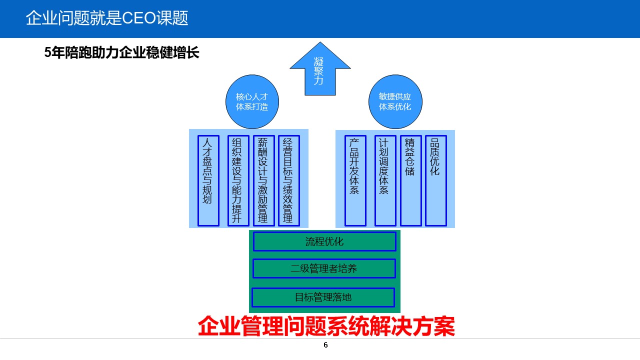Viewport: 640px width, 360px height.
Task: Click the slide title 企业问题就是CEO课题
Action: [106, 18]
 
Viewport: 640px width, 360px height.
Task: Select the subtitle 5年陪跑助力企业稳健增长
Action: [122, 53]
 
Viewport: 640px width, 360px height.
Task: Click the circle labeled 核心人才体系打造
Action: [252, 102]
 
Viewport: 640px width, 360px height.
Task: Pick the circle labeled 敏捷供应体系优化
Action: [395, 102]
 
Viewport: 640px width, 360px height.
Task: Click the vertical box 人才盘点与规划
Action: [208, 180]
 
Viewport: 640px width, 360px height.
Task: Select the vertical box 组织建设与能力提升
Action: [238, 180]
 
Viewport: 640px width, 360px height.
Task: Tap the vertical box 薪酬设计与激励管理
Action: [263, 180]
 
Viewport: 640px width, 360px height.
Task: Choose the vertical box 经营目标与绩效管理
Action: [288, 180]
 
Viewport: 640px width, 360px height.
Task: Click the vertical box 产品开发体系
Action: [355, 180]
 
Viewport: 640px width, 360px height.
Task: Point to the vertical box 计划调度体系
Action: [385, 180]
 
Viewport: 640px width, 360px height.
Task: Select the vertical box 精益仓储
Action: [410, 180]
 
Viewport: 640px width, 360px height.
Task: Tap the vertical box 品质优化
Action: [435, 180]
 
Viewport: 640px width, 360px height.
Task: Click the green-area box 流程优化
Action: [324, 241]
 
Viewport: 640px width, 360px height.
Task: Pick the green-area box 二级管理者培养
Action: [324, 268]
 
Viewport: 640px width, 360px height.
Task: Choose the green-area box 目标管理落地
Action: [323, 297]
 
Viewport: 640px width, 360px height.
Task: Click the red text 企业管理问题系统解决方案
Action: [326, 326]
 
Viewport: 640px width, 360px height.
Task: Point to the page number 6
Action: [325, 345]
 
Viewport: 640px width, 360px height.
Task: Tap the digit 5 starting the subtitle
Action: [47, 53]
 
